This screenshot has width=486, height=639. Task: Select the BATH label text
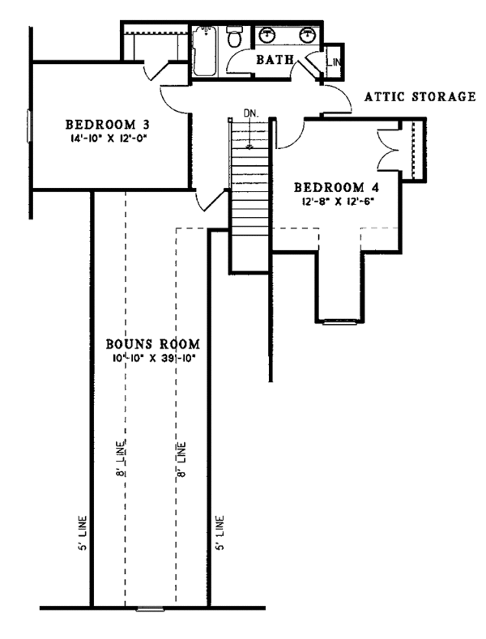tap(274, 60)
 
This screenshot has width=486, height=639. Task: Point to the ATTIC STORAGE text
tap(420, 96)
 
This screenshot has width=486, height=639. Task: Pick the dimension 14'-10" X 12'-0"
tap(109, 138)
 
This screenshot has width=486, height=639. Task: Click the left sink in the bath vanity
tap(267, 35)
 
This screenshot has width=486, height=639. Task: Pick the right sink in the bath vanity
tap(307, 35)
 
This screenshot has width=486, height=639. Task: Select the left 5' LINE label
tap(83, 531)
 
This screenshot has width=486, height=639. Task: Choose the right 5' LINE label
tap(221, 531)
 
